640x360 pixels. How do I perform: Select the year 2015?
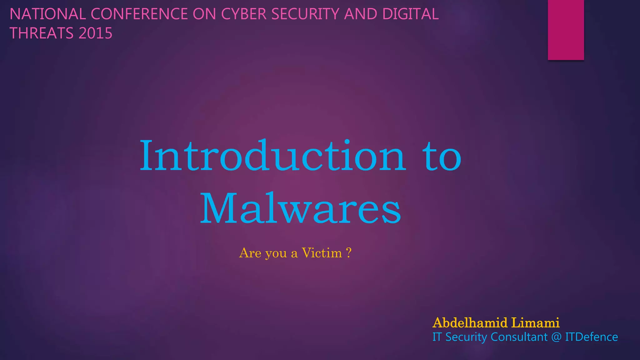[96, 33]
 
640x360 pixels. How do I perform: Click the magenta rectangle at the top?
[566, 30]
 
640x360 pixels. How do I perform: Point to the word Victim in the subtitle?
[322, 253]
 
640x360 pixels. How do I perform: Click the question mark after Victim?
[349, 252]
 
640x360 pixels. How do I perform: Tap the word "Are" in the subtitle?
[250, 253]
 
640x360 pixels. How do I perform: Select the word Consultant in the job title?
[519, 337]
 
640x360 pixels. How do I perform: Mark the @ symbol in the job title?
[556, 337]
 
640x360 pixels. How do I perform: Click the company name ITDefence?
[591, 337]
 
